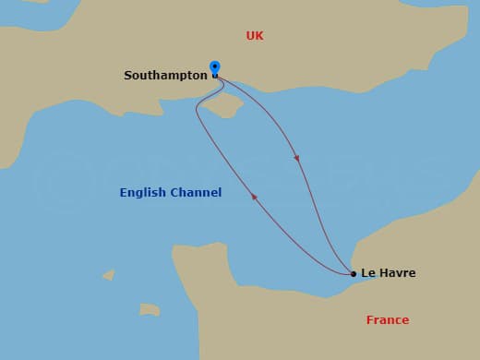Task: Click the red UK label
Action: (255, 36)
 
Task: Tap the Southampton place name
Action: (165, 76)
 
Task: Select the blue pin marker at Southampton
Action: (215, 68)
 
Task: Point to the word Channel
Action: (196, 193)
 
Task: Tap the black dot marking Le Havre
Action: (354, 273)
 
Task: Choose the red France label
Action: (387, 320)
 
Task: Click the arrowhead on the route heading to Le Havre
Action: (297, 158)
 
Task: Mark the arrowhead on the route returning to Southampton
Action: (254, 196)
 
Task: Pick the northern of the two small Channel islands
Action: (109, 274)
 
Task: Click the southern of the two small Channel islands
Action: (150, 309)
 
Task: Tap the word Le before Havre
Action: (368, 273)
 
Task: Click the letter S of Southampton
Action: (128, 76)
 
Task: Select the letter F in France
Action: (370, 320)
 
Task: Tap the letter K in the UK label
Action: (259, 36)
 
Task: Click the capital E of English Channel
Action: (124, 193)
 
